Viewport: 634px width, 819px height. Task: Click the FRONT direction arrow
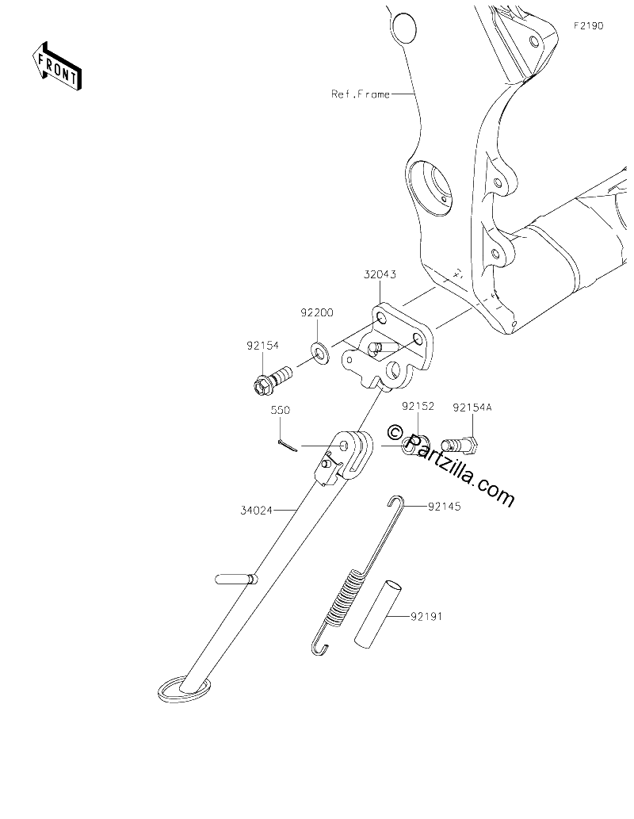[56, 66]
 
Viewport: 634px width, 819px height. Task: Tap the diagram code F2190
[589, 25]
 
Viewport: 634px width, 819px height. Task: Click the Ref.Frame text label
[361, 94]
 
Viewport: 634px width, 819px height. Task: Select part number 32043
[380, 274]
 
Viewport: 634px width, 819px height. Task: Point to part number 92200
[316, 313]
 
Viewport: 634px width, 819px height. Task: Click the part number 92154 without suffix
[262, 345]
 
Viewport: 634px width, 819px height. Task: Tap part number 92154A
[472, 407]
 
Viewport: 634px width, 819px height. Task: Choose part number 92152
[418, 406]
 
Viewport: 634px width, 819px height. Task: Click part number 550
[280, 411]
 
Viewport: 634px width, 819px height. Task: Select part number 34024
[257, 511]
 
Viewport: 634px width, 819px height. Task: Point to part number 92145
[445, 506]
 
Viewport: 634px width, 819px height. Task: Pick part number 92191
[426, 616]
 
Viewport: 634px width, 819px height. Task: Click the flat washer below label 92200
[319, 353]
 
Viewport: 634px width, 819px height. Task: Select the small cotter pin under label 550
[287, 445]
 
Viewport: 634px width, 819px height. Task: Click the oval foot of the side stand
[185, 689]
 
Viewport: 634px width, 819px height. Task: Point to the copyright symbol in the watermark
[395, 432]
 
